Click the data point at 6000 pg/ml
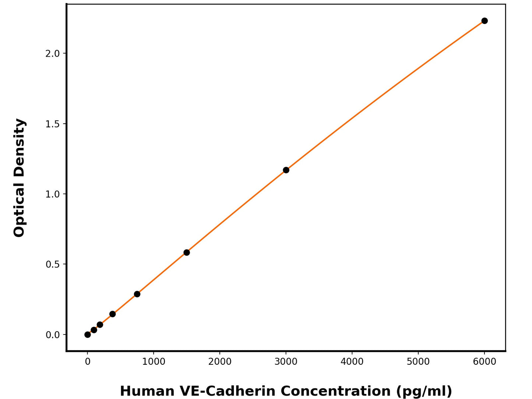[x=485, y=21]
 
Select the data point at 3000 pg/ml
[x=286, y=170]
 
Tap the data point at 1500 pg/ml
[x=187, y=253]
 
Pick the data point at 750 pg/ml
[x=137, y=294]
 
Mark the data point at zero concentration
[x=88, y=335]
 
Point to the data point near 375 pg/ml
[x=113, y=314]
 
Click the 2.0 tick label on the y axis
[x=52, y=54]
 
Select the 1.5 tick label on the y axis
[x=52, y=124]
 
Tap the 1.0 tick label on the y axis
[x=52, y=194]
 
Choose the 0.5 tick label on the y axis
[x=52, y=265]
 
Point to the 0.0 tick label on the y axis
[x=52, y=335]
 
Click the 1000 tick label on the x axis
[x=154, y=362]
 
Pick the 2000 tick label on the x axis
[x=220, y=362]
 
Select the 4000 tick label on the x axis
[x=352, y=362]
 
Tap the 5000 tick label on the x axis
[x=418, y=362]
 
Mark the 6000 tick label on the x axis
[x=485, y=362]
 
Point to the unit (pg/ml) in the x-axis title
[x=424, y=391]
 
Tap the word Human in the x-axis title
[x=147, y=391]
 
